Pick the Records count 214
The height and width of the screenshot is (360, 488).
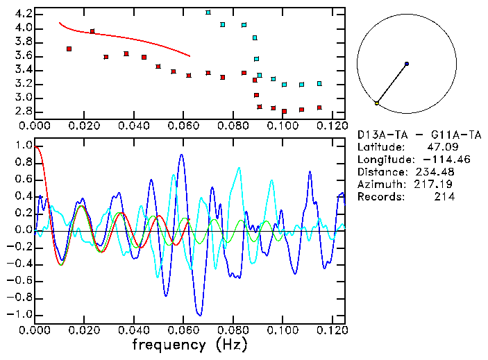tap(444, 196)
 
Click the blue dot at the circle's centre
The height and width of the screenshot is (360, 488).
tap(407, 64)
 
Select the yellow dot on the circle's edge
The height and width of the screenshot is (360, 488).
tap(376, 103)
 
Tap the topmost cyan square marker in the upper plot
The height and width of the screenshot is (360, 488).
tap(208, 12)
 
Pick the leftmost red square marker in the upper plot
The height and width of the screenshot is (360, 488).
tap(69, 49)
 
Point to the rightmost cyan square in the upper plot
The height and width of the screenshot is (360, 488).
tap(319, 83)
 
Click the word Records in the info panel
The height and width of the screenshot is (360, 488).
tap(379, 196)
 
